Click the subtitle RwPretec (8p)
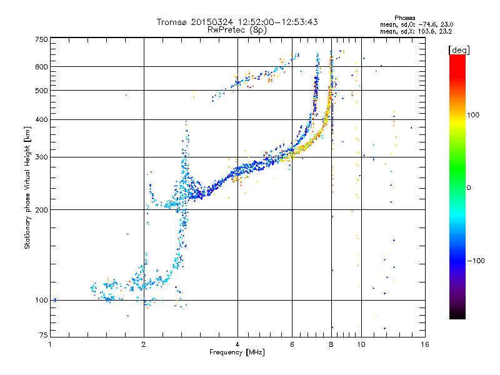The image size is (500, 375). pos(237,30)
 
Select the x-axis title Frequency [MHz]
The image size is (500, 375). pos(237,352)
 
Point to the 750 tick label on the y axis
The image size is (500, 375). pos(41,39)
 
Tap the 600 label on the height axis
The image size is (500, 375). pos(41,67)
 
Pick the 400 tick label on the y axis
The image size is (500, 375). pos(41,119)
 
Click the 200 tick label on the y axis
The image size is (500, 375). pos(41,210)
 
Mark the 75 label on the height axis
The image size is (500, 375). pos(44,335)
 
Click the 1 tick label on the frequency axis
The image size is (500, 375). pos(50,344)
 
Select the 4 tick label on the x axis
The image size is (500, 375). pos(237,344)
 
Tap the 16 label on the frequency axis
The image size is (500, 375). pos(425,344)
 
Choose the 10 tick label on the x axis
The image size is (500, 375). pos(361,344)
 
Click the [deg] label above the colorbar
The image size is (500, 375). pos(459,51)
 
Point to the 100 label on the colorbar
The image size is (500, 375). pos(473,115)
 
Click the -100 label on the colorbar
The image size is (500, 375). pos(476,261)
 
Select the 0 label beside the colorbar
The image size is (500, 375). pos(469,188)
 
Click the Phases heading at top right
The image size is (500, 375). pos(404,18)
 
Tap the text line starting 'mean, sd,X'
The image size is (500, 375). pos(416,32)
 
